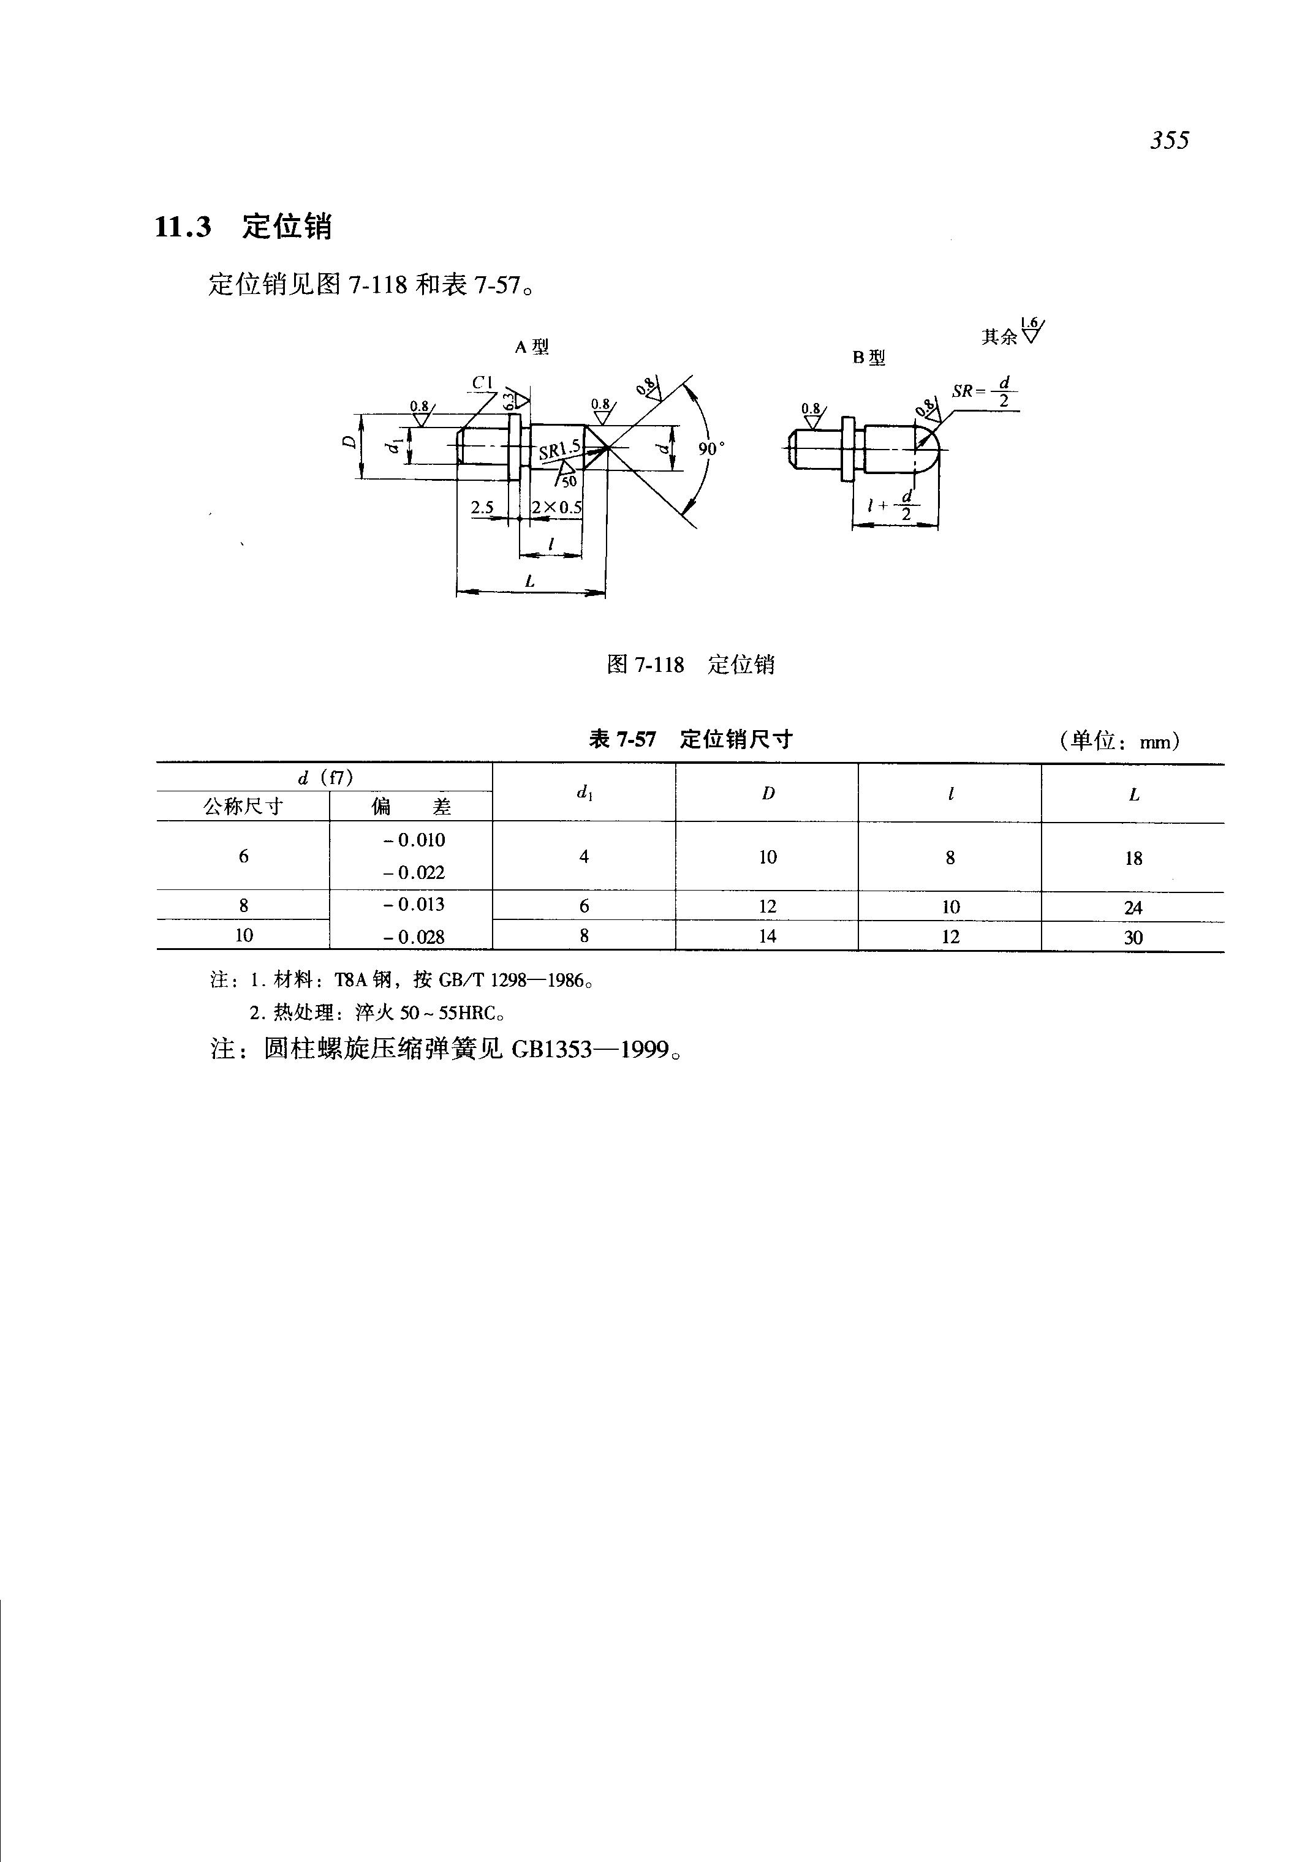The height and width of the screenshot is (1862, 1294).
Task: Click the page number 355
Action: (1168, 141)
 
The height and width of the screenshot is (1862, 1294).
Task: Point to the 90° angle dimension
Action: (710, 448)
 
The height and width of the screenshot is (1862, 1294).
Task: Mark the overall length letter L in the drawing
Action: (529, 581)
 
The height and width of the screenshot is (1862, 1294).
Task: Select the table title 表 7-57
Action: (622, 739)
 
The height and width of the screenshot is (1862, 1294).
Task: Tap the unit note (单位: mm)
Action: (1119, 741)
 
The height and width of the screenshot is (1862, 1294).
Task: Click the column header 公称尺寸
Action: (243, 807)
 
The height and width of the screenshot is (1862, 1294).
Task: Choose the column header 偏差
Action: (411, 807)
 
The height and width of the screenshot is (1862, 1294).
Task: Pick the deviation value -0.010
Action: (414, 840)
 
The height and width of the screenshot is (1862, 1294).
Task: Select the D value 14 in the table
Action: (767, 937)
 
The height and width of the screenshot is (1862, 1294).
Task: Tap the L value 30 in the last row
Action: (1133, 938)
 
